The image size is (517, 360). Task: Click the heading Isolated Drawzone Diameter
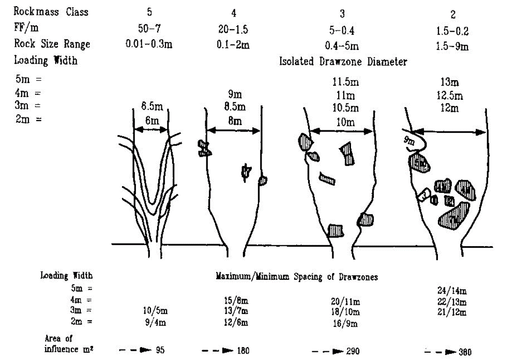(343, 62)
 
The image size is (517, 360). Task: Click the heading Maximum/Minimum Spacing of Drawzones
(296, 277)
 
